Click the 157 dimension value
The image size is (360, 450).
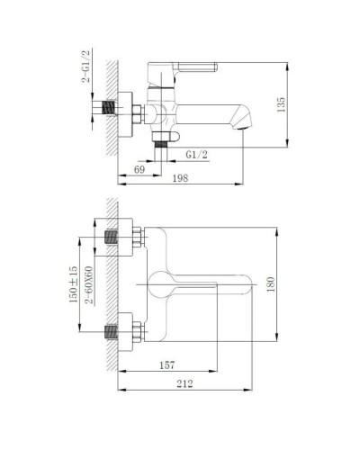click(166, 365)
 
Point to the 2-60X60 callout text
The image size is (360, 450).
click(89, 286)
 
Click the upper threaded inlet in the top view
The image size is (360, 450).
click(113, 239)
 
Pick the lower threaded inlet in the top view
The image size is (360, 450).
click(113, 330)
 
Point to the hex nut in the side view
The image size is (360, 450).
click(132, 113)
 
